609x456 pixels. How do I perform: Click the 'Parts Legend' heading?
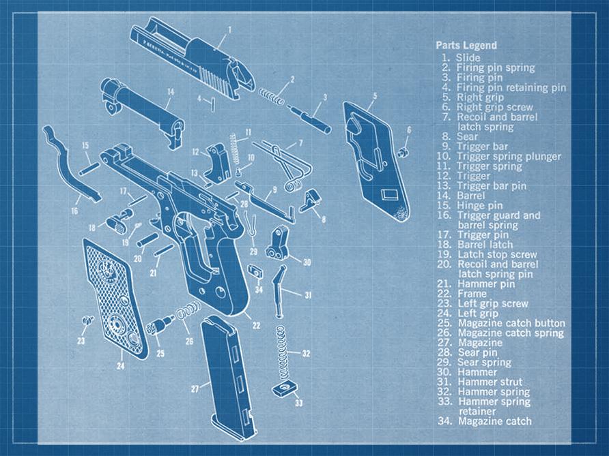[466, 46]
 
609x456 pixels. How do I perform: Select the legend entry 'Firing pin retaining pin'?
[511, 87]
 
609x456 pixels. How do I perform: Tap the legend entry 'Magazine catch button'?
[511, 323]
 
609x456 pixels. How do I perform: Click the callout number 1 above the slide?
[229, 29]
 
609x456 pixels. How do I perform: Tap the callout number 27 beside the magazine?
[195, 389]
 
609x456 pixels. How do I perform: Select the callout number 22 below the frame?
[255, 326]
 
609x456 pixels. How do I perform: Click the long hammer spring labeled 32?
[279, 352]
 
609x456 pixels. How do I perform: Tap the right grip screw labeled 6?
[403, 151]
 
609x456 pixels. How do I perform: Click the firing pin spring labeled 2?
[272, 95]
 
